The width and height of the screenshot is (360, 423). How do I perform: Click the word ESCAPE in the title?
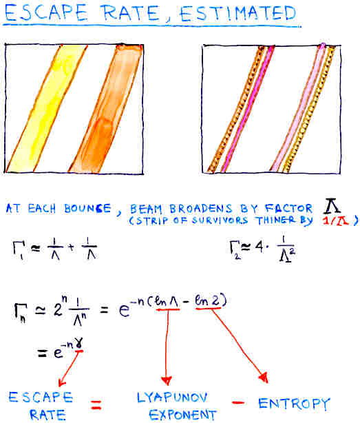46,13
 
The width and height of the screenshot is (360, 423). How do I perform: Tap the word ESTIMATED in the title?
238,14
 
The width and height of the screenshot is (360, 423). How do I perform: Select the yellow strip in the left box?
46,108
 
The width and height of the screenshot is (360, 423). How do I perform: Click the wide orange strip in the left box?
105,108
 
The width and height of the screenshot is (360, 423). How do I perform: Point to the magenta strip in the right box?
247,109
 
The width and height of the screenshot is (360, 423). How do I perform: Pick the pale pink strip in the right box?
297,108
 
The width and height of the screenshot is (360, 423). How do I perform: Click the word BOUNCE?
87,209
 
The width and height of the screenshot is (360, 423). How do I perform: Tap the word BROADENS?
200,209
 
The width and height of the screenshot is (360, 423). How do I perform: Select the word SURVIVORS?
220,220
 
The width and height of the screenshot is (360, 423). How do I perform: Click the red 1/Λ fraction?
336,220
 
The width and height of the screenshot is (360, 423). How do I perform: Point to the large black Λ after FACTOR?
332,206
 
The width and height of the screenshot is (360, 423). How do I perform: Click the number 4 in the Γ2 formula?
259,247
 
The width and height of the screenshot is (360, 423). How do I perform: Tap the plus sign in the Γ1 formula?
72,247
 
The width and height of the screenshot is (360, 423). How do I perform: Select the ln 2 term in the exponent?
207,300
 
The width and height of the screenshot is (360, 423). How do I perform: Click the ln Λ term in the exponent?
167,302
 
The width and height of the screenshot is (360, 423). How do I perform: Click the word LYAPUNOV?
172,398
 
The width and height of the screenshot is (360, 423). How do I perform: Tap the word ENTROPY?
294,404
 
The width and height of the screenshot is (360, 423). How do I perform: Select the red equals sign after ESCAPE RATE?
96,404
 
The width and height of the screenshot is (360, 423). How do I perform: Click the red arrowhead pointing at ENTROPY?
264,378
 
